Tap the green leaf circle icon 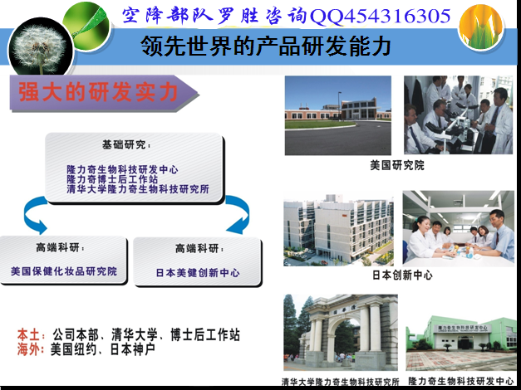(x=87, y=26)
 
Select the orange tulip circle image (x=480, y=27)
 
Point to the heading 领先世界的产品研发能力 (x=265, y=46)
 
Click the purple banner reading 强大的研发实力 (x=103, y=93)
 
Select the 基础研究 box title (x=126, y=144)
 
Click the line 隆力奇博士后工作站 (x=112, y=179)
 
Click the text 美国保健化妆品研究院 (x=64, y=271)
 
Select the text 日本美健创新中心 (x=198, y=273)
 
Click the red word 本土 (x=30, y=335)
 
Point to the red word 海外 (x=30, y=349)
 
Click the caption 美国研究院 (x=397, y=165)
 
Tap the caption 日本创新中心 (x=402, y=275)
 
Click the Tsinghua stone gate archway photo (x=341, y=333)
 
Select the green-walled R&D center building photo (x=461, y=343)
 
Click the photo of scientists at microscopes (x=459, y=115)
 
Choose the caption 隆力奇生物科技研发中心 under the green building (x=461, y=381)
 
